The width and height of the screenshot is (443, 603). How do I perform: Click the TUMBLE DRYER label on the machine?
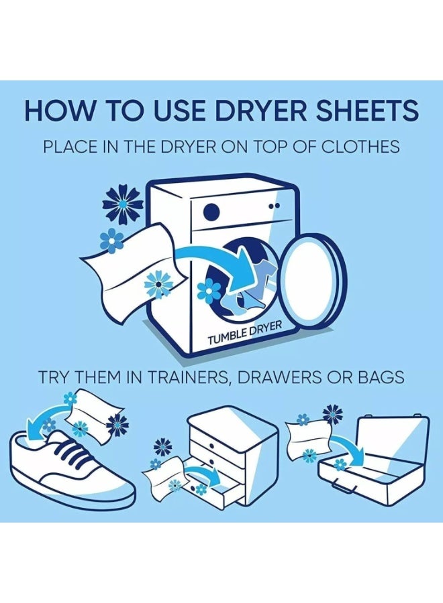[x=244, y=333]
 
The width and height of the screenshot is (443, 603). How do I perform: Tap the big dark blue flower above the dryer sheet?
[x=122, y=204]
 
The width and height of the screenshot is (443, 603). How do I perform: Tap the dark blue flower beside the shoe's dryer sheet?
[x=118, y=425]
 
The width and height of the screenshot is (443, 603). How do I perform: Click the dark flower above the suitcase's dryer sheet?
[x=332, y=413]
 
